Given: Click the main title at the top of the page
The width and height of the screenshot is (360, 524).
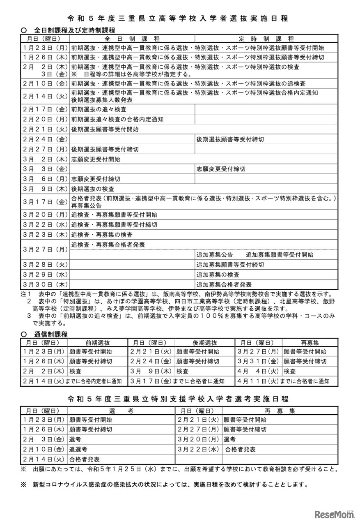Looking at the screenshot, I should coord(180,18).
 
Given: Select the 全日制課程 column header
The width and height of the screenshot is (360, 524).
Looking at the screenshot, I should coord(132,39).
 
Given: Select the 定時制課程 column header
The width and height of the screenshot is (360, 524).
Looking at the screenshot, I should coord(266,39).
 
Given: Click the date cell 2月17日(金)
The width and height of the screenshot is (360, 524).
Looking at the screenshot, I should coord(45,109).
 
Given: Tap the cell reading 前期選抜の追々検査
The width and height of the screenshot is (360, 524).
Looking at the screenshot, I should coord(99,109).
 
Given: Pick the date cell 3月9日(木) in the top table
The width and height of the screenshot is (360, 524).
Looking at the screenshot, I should coord(45,189).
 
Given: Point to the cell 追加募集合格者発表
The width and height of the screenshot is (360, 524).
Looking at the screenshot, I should coord(224,284).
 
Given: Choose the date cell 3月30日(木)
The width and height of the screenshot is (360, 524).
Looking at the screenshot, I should coord(45,284).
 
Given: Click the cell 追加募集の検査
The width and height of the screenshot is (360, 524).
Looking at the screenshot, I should coord(218,275).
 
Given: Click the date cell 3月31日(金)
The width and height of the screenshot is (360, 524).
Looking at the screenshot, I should coord(259,361).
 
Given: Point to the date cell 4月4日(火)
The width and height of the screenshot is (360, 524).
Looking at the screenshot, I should coord(259,371).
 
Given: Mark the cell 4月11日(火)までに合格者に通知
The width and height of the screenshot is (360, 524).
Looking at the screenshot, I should coord(286,381).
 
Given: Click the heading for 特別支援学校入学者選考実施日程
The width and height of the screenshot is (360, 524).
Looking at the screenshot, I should coord(180,399).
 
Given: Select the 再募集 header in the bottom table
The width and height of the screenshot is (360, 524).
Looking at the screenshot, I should coord(280,410).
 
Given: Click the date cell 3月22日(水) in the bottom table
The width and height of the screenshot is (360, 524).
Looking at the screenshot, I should coord(199,449).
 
